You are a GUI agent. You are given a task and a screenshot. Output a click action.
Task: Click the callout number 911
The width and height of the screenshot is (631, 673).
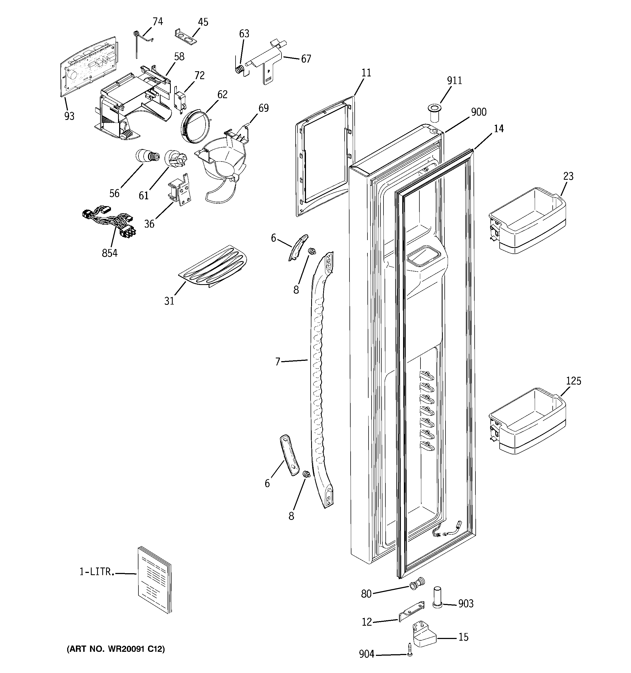tap(454, 80)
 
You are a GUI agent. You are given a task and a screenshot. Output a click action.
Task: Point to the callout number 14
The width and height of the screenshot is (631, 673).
tap(499, 129)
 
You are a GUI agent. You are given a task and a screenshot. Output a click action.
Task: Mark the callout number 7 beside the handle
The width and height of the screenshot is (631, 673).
tap(278, 362)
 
